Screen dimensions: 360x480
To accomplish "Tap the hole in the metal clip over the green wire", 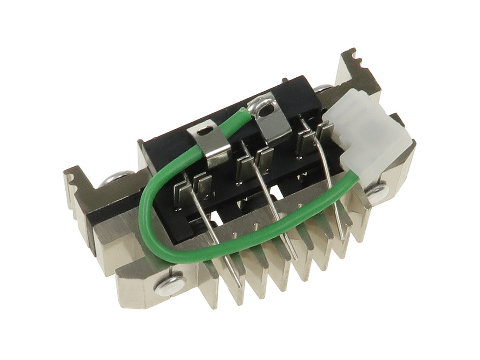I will (204, 131).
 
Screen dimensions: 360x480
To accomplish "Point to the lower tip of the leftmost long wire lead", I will (239, 285).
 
